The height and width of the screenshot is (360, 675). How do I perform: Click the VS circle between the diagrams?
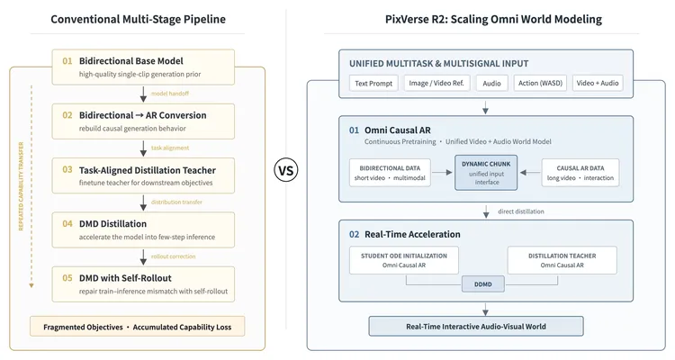286,170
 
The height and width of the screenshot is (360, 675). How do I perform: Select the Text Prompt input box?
373,83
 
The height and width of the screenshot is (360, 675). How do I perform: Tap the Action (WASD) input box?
540,83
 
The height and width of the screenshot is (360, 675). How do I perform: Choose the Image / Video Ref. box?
436,83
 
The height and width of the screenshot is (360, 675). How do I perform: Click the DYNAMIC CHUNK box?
486,173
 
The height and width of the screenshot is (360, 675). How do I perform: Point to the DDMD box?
483,284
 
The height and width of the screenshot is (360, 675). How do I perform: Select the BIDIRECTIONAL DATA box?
390,173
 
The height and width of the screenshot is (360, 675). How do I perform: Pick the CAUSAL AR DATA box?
580,173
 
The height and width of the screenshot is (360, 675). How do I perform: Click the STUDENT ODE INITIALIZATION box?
404,260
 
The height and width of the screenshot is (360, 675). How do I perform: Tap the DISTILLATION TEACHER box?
562,260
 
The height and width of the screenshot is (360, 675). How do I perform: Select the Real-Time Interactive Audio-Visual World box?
476,327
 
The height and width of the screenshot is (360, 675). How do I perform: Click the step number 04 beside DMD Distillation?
67,224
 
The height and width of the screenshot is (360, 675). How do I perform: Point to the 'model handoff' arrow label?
169,94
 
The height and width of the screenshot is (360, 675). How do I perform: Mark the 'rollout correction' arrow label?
173,256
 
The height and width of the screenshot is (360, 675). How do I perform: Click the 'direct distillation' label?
521,211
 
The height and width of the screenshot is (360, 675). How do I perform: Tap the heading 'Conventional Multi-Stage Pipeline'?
139,20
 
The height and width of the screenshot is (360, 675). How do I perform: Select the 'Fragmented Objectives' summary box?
138,327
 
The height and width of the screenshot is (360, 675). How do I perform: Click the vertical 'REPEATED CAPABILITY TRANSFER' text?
21,186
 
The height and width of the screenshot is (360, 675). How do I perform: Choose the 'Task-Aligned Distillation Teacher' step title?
148,170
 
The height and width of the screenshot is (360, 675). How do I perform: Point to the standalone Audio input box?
491,83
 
